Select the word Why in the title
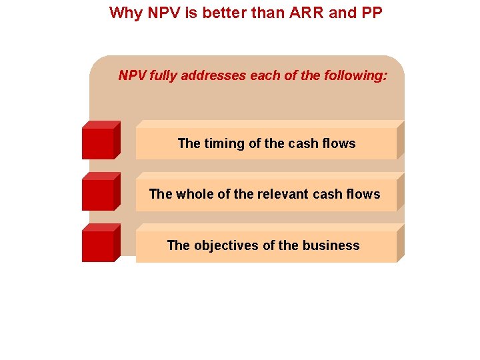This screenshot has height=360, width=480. click(x=124, y=13)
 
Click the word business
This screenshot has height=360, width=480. click(x=331, y=245)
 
